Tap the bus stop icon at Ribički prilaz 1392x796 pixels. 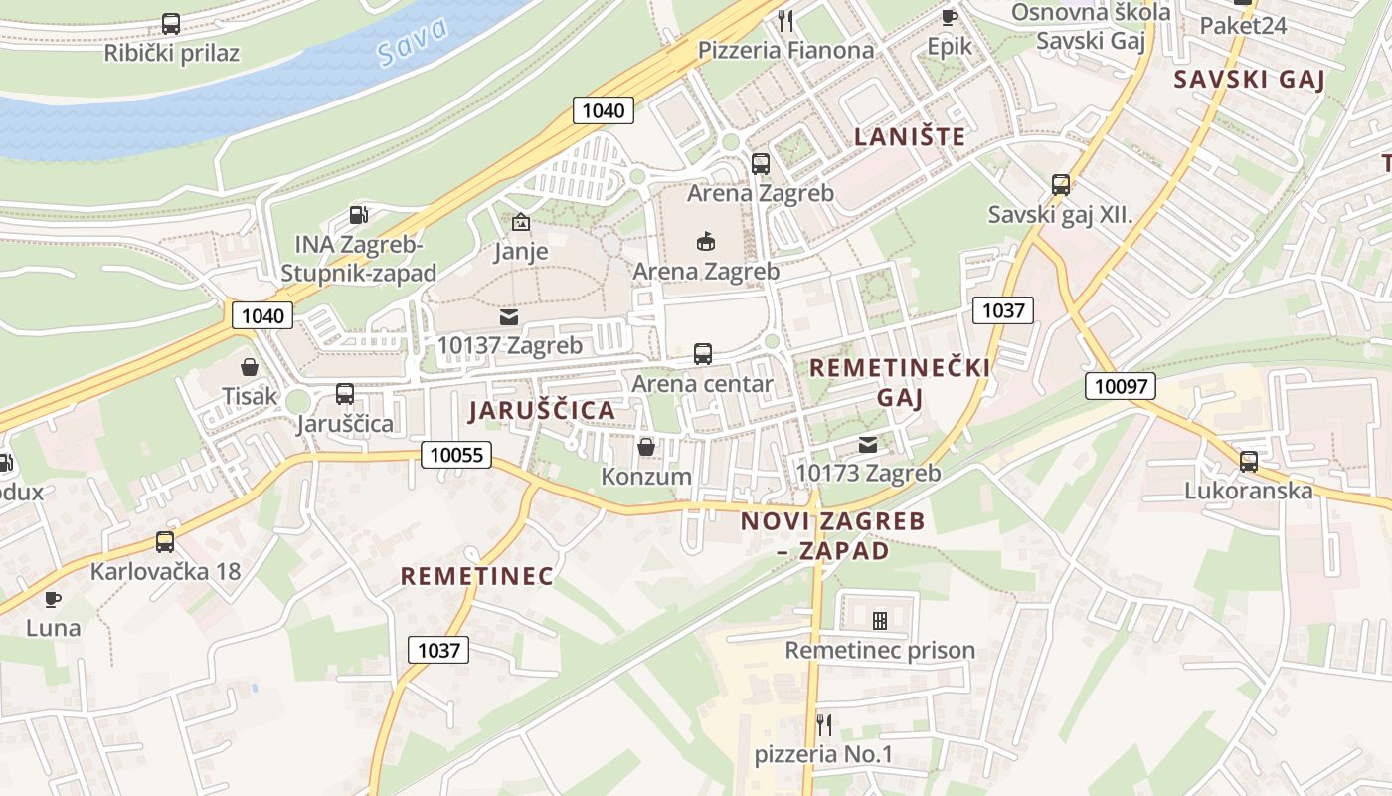pyautogui.click(x=171, y=24)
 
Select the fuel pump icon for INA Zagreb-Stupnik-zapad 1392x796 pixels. pyautogui.click(x=358, y=215)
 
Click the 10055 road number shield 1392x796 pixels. pyautogui.click(x=456, y=455)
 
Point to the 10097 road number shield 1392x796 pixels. pyautogui.click(x=1121, y=386)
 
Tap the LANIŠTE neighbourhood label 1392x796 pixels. pyautogui.click(x=910, y=137)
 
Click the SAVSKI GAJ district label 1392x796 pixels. pyautogui.click(x=1250, y=80)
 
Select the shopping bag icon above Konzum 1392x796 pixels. pyautogui.click(x=646, y=447)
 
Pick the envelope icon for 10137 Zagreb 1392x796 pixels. pyautogui.click(x=509, y=317)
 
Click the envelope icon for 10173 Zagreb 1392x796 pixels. pyautogui.click(x=868, y=445)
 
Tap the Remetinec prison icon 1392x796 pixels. pyautogui.click(x=880, y=621)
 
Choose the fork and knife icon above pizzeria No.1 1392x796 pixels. pyautogui.click(x=823, y=723)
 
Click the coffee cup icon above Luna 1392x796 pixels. pyautogui.click(x=53, y=599)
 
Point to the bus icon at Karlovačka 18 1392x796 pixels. pyautogui.click(x=165, y=542)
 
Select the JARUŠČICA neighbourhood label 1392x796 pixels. pyautogui.click(x=542, y=410)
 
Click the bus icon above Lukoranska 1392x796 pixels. pyautogui.click(x=1249, y=462)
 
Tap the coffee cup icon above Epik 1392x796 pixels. pyautogui.click(x=949, y=17)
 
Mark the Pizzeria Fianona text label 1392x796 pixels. pyautogui.click(x=785, y=50)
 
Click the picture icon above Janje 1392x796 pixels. pyautogui.click(x=520, y=222)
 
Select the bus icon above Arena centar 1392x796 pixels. pyautogui.click(x=703, y=354)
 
